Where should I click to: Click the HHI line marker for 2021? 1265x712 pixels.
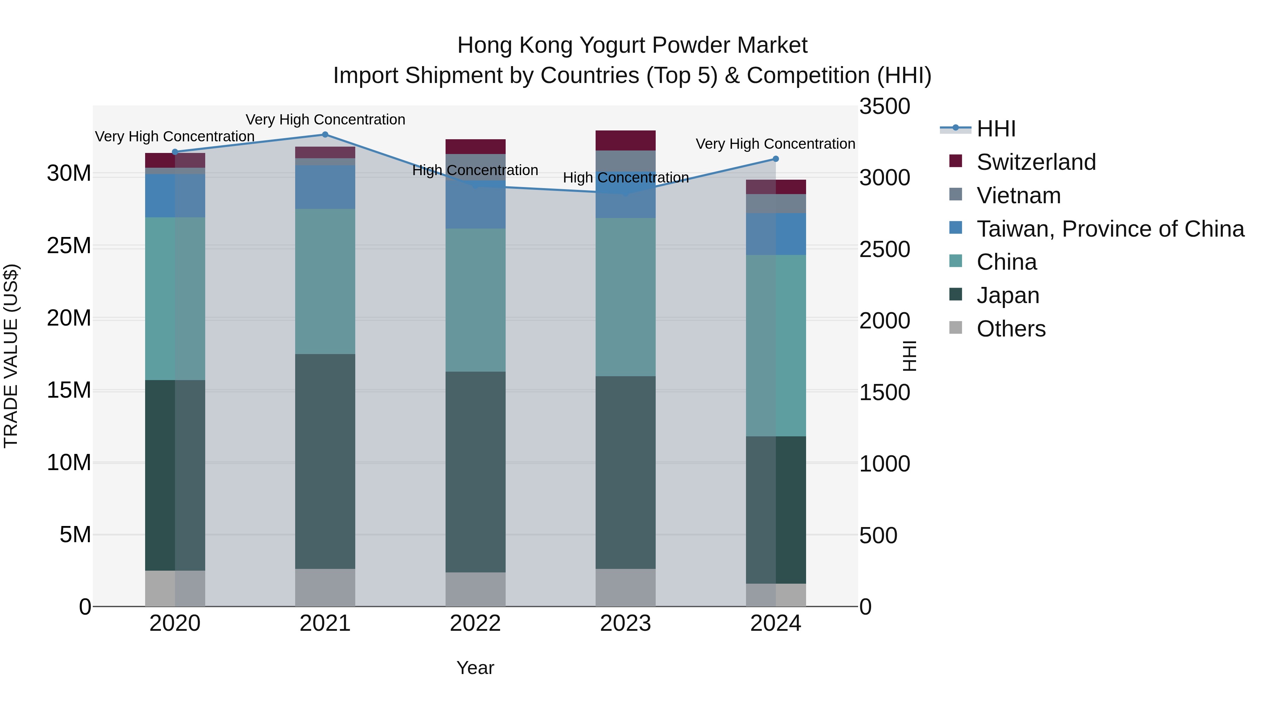[x=325, y=135]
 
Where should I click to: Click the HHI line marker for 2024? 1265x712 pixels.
[x=776, y=159]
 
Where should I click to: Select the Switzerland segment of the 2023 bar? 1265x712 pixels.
[x=625, y=141]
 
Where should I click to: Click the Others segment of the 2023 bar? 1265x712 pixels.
[x=625, y=587]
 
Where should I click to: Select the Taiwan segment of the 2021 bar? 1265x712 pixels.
[x=325, y=187]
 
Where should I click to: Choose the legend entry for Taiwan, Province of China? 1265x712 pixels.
[x=1110, y=229]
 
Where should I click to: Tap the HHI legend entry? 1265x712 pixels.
[x=995, y=129]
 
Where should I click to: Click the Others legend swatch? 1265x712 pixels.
[x=956, y=328]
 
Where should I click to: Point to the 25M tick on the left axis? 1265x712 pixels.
[x=69, y=246]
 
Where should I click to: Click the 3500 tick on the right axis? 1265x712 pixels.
[x=884, y=107]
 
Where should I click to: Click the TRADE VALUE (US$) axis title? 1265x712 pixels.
[x=11, y=356]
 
